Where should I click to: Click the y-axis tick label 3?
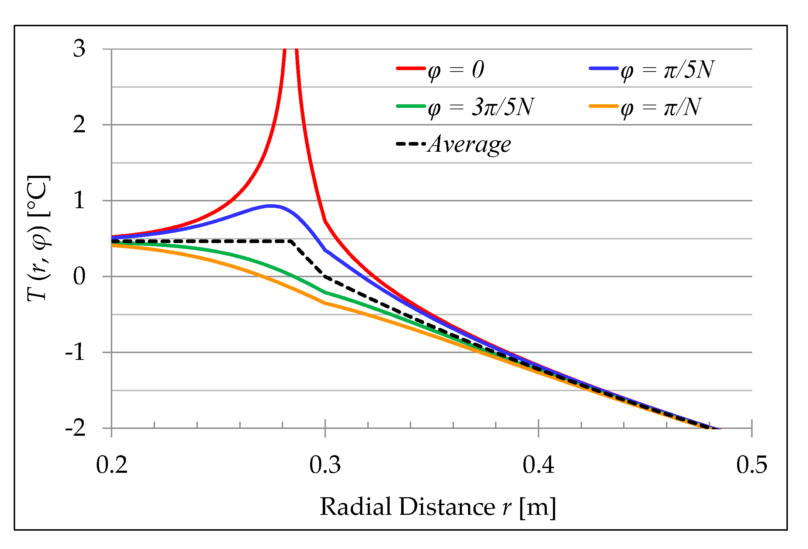click(x=79, y=49)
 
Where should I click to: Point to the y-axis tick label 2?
click(x=79, y=125)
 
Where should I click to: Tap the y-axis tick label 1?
click(x=79, y=201)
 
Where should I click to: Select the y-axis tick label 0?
click(x=79, y=276)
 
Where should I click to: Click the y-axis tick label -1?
click(x=75, y=352)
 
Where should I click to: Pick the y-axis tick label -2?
click(x=75, y=428)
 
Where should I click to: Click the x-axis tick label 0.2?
click(x=112, y=465)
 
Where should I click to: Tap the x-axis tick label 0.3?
click(x=325, y=465)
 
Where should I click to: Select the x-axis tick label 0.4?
click(x=538, y=465)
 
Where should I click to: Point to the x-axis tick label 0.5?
click(x=752, y=465)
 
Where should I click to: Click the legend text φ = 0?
click(x=456, y=70)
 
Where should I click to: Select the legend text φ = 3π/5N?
click(x=481, y=107)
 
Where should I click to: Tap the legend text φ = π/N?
click(x=661, y=107)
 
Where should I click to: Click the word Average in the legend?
click(x=469, y=145)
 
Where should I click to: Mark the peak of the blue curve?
click(x=271, y=206)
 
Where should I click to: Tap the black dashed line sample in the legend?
click(x=410, y=143)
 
